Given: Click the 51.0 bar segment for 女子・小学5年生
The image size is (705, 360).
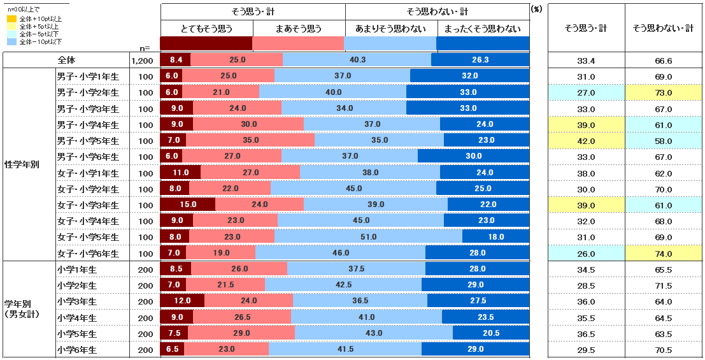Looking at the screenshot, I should point(369,237).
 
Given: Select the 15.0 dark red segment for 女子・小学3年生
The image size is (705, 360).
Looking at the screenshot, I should point(187,205).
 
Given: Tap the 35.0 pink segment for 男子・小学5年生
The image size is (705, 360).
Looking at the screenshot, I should point(251,140).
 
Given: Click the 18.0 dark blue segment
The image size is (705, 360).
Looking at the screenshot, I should point(496,237).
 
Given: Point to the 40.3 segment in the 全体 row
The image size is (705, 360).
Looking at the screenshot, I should point(357,60).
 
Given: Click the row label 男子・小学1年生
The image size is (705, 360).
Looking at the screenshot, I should point(88,76).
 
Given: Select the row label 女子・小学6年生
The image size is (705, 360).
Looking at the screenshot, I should point(88,254).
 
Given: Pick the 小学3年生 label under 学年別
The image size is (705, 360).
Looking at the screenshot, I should point(76,301).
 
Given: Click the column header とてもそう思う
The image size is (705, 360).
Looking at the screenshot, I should point(207,29).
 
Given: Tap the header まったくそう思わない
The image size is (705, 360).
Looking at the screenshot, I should point(483,29).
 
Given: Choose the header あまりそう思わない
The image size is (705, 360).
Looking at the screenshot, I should point(390,29).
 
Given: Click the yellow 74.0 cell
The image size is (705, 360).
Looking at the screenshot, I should point(663,254).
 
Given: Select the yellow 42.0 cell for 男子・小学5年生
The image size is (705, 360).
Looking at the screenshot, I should point(586,141).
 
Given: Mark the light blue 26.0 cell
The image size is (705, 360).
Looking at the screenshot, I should point(586,254).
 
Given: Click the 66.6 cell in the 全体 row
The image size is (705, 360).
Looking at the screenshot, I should point(663,61).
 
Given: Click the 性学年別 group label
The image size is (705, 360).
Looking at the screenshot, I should point(22,164).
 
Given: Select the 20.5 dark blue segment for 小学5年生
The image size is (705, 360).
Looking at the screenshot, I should point(491,333).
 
